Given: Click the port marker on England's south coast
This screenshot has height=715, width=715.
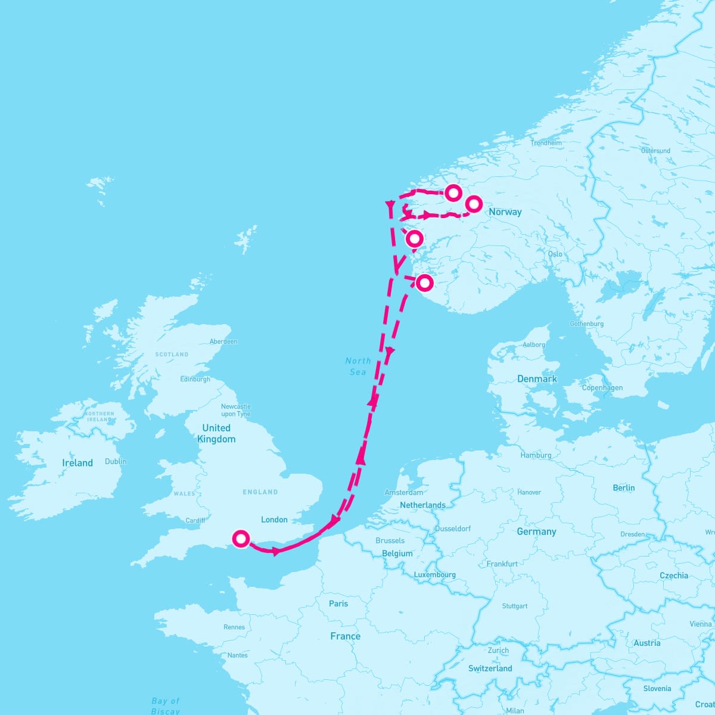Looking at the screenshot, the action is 241,539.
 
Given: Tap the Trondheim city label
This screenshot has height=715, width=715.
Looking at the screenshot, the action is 546,143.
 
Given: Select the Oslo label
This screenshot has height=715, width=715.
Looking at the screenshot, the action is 555,254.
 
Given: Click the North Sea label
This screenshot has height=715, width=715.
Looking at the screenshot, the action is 358,366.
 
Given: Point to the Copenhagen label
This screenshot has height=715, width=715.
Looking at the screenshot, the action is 602,388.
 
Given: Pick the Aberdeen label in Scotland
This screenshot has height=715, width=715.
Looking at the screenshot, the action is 223,341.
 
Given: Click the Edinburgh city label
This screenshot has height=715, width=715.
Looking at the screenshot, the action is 195,379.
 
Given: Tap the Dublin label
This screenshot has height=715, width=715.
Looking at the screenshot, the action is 116,461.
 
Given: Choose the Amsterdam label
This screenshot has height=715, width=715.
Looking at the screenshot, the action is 404,493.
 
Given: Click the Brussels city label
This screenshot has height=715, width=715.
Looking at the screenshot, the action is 390,541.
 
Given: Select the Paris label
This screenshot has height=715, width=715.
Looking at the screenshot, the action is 338,604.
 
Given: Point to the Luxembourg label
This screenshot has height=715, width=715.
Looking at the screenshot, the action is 434,575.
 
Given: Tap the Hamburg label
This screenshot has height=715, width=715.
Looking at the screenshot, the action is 536,455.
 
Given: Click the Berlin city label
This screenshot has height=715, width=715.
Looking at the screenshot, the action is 624,487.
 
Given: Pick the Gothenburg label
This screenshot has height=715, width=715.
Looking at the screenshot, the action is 586,324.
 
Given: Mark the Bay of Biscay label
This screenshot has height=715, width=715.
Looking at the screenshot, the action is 165,706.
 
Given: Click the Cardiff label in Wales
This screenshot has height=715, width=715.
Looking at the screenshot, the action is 195,520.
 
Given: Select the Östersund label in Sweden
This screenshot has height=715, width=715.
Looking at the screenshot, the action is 655,151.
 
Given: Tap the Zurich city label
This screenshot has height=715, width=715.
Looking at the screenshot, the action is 498,651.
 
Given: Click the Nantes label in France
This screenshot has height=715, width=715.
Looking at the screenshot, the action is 237,655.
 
